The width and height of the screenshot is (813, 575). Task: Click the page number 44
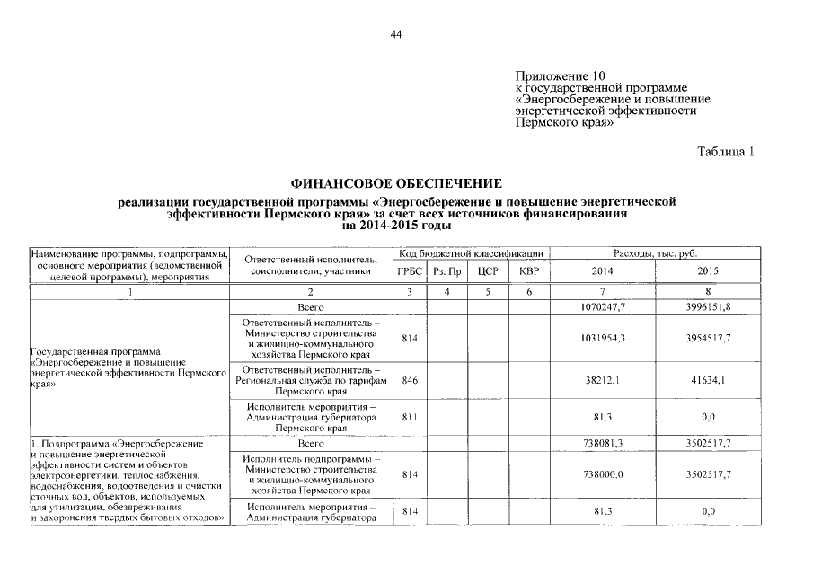tap(396, 35)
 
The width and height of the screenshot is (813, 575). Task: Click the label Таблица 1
tap(726, 152)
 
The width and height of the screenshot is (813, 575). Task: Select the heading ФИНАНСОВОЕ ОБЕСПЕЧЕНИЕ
tap(396, 183)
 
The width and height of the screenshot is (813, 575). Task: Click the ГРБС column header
tap(409, 270)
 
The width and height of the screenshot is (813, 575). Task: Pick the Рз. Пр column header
tap(447, 270)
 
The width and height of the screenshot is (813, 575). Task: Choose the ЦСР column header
tap(488, 270)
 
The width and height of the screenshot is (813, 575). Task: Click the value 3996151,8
tap(709, 308)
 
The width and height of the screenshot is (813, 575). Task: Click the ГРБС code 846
tap(409, 381)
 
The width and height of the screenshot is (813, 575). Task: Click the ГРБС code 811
tap(409, 418)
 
